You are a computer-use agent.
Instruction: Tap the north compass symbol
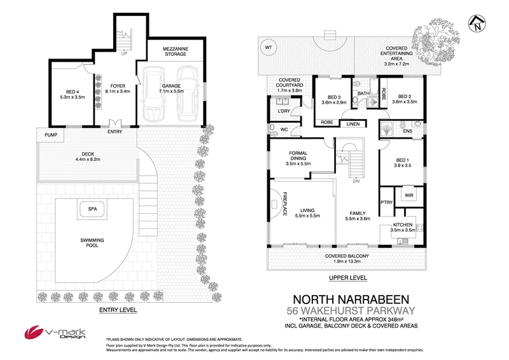[475, 24]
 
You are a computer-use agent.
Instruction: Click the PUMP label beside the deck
[50, 135]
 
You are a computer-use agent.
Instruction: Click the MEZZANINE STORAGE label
[176, 50]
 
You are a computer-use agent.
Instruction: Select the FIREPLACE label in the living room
[286, 203]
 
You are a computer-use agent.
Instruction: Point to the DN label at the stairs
[356, 180]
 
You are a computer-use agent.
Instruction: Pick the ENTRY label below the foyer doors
[115, 132]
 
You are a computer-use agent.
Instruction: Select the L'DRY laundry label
[284, 112]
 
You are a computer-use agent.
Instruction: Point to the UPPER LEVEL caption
[347, 279]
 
